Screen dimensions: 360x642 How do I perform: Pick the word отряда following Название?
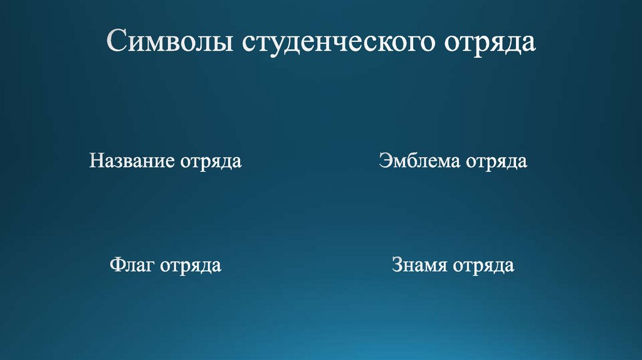tap(211, 162)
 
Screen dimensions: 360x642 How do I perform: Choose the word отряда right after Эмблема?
tap(496, 162)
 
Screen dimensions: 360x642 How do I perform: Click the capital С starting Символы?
tap(116, 43)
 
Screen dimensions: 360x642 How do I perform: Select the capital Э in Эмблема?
tap(384, 161)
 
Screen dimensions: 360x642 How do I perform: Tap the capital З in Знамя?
tap(398, 265)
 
